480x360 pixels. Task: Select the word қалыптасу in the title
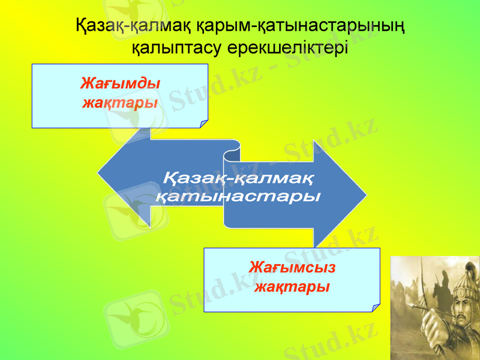point(177,48)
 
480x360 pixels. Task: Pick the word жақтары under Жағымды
point(120,102)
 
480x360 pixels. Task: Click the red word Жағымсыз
point(292,266)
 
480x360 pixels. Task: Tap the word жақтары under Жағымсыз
point(292,286)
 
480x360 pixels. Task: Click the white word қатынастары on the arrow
point(238,197)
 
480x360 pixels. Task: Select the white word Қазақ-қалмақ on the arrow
point(238,178)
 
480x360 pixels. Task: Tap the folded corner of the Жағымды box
point(203,124)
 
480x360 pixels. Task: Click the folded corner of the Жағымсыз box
point(375,308)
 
